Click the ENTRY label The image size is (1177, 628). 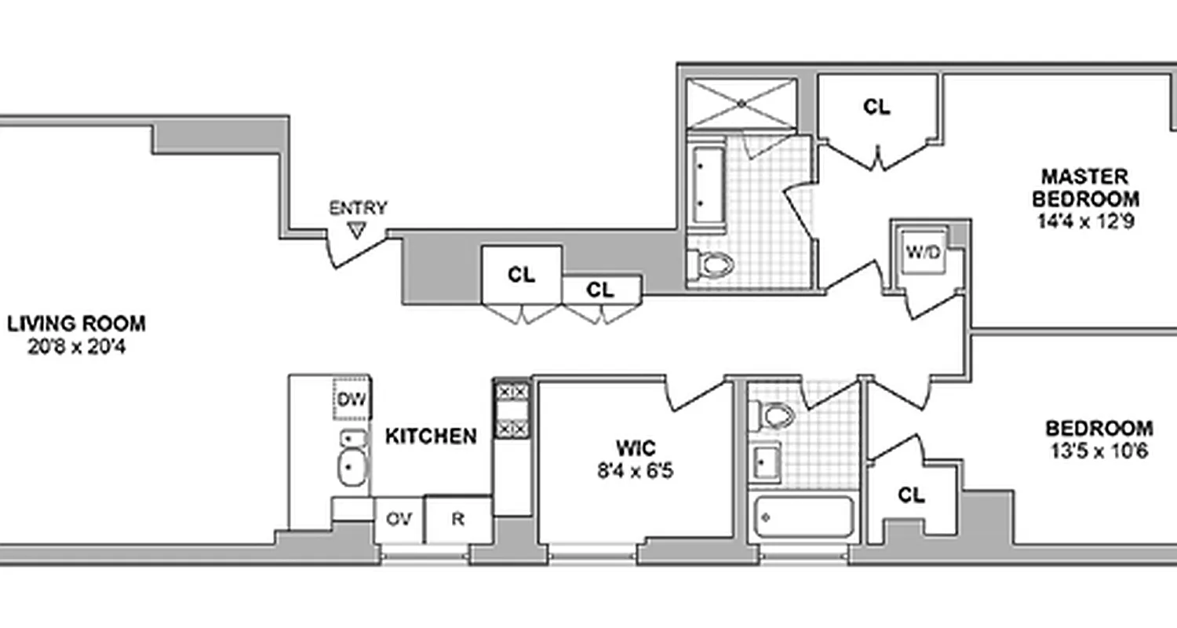click(x=357, y=208)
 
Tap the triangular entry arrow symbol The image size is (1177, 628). click(x=358, y=230)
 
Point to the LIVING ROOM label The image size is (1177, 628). click(x=76, y=323)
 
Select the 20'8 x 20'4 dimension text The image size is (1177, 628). click(x=76, y=346)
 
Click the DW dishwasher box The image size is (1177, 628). click(x=352, y=400)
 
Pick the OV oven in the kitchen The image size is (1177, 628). click(x=399, y=520)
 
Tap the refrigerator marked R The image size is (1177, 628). click(x=458, y=520)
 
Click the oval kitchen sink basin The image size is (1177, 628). click(x=352, y=468)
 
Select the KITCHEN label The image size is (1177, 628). click(x=431, y=436)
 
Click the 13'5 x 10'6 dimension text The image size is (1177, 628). click(x=1099, y=451)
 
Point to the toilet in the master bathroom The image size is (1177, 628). click(x=713, y=264)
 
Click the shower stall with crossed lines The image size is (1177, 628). click(x=742, y=103)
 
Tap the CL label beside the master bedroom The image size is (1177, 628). click(x=876, y=108)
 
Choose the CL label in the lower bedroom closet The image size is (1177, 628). click(x=911, y=495)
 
